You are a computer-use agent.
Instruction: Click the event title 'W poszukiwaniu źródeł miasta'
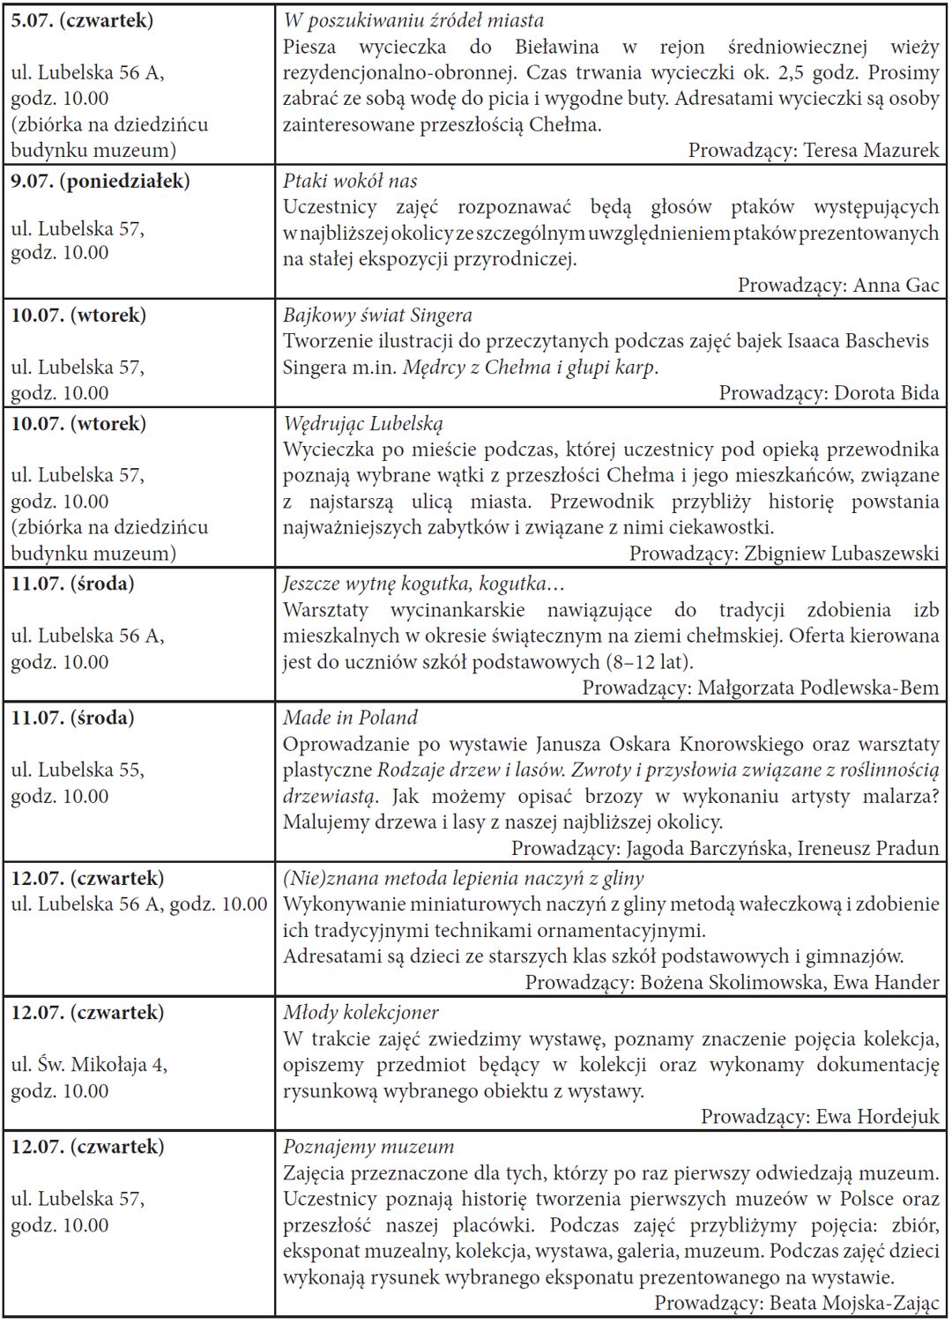point(413,20)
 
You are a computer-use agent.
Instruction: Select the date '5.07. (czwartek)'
point(82,20)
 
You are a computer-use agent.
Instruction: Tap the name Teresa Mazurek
point(872,150)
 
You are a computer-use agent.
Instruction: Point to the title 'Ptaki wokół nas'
point(350,181)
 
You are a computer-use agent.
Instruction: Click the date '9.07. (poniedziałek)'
point(100,181)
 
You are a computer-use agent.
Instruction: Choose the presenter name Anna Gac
point(896,285)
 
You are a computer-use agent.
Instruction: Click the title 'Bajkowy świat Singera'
point(377,315)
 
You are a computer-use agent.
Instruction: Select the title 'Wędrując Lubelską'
point(363,423)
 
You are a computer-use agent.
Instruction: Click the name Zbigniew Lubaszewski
point(842,554)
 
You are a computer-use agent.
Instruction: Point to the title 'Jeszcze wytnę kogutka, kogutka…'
point(423,584)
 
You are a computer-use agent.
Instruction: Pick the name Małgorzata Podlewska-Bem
point(818,688)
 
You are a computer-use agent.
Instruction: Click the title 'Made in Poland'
point(350,718)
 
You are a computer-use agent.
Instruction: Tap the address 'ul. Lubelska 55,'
point(78,770)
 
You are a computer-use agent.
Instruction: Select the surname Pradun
point(907,848)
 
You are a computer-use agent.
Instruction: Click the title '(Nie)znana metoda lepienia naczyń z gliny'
point(463,878)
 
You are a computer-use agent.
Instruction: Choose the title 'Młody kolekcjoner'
point(361,1012)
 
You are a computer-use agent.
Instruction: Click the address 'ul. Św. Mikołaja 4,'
point(89,1064)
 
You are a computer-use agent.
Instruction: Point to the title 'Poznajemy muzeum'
point(368,1147)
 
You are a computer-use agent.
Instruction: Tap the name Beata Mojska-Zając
point(855,1303)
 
